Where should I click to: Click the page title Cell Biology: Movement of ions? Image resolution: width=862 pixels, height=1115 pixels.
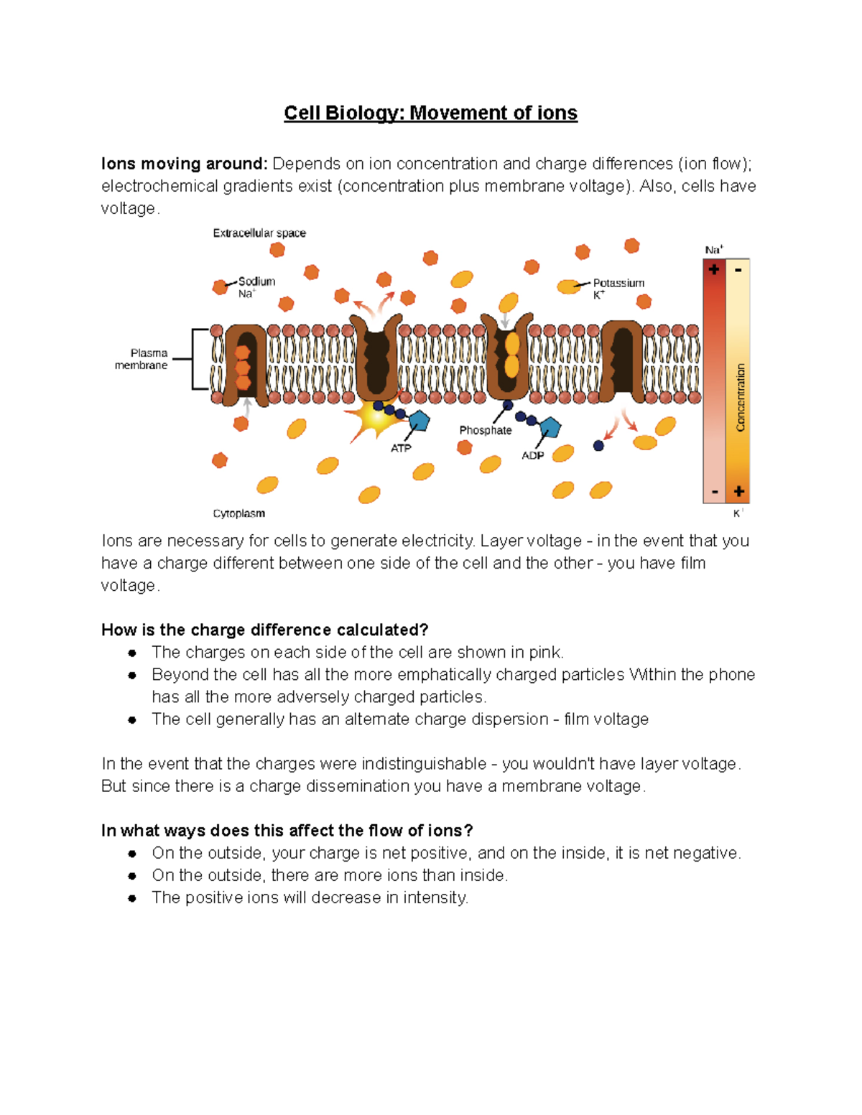coord(430,113)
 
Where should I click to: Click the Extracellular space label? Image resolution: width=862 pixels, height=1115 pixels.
coord(259,233)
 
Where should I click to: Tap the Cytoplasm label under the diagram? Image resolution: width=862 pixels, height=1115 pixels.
coord(238,513)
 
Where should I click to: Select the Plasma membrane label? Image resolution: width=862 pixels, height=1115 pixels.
coord(142,359)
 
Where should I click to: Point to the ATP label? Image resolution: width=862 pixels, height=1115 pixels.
coord(401,448)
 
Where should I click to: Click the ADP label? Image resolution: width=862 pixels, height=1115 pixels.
coord(532,455)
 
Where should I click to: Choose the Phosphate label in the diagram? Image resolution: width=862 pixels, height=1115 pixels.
coord(486,430)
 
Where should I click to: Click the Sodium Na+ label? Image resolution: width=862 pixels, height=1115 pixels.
coord(256,287)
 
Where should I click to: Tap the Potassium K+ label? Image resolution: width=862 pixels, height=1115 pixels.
coord(618,288)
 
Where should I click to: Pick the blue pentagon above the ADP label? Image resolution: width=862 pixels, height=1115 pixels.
coord(550,428)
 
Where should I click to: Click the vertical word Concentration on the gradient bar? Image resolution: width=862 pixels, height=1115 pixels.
coord(740,397)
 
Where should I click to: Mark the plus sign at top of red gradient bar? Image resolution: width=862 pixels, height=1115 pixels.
coord(714,270)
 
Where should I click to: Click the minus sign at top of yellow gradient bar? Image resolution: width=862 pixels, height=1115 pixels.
coord(738,270)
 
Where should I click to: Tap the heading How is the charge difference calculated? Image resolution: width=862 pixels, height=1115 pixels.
coord(264,630)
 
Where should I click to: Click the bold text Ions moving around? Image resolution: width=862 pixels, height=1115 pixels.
coord(184,164)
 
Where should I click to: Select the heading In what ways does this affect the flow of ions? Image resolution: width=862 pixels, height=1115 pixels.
coord(287,831)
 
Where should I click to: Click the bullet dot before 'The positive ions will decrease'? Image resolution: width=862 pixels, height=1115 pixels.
coord(132,898)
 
